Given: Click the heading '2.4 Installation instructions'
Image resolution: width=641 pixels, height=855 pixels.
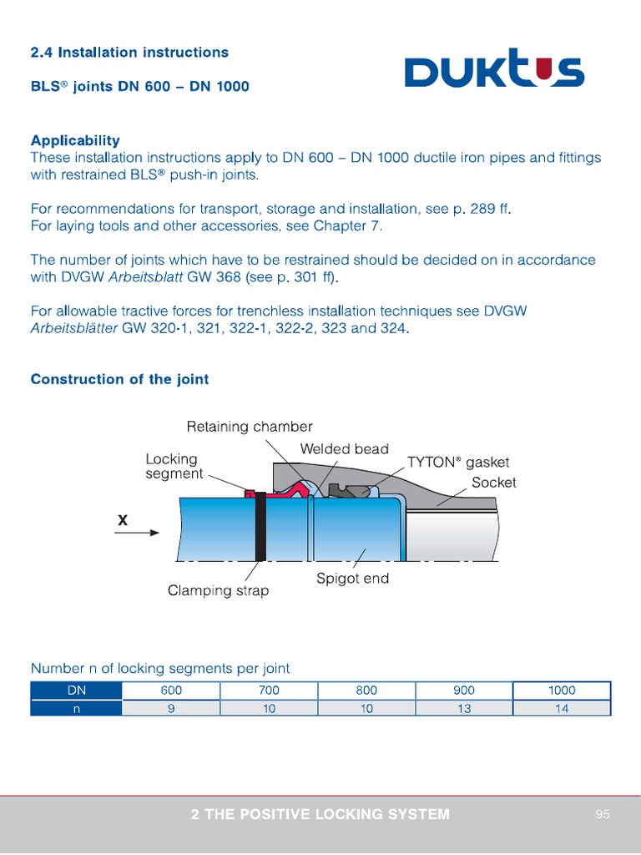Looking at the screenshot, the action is click(129, 53).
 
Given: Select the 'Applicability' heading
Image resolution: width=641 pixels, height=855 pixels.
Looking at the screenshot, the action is click(75, 140).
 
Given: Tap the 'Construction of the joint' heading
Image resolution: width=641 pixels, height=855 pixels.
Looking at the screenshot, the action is click(119, 379).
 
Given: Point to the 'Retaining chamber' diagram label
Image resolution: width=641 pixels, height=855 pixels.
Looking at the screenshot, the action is click(250, 427).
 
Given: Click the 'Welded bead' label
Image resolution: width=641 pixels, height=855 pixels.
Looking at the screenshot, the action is click(344, 449).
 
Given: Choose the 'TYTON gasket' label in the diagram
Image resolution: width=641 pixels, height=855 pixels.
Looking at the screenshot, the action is click(457, 462).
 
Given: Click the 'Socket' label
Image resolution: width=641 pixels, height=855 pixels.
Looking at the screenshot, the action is click(494, 483).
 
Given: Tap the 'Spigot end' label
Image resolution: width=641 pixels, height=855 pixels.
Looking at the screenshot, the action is click(352, 578).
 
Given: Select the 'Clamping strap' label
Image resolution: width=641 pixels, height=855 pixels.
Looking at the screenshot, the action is click(219, 590).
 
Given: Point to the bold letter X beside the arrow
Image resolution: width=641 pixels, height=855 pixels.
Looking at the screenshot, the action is click(123, 519).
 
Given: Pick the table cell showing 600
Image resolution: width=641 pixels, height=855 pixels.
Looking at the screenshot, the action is click(171, 691).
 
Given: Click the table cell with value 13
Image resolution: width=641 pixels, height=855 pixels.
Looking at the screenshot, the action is click(464, 708).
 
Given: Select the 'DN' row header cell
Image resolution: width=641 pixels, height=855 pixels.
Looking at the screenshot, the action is click(76, 691).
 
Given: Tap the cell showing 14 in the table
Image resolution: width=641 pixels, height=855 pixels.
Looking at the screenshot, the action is click(562, 708).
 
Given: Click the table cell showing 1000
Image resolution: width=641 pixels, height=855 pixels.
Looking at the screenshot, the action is click(562, 691).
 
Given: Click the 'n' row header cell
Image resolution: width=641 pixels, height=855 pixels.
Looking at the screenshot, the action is click(76, 708).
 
